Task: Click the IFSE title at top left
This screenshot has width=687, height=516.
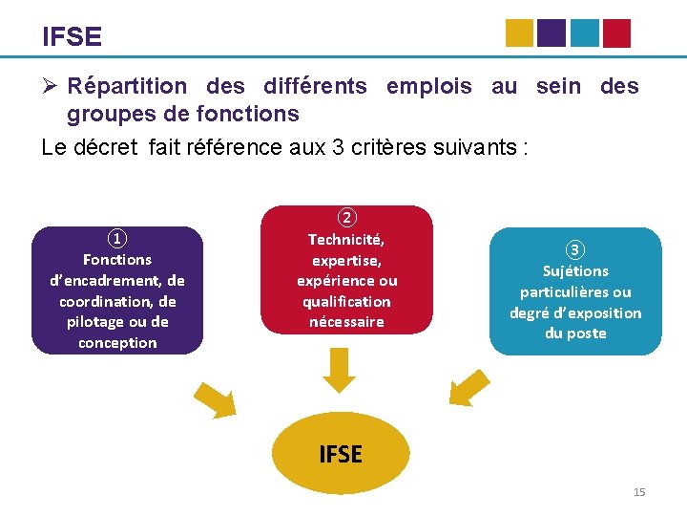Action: (x=72, y=37)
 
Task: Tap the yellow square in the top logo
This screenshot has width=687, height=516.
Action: (x=519, y=33)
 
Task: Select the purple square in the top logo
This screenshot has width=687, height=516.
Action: (x=552, y=33)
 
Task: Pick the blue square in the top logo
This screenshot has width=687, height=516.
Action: (x=584, y=33)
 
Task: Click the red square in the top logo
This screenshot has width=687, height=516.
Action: (x=616, y=33)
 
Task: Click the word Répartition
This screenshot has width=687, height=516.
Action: (x=127, y=86)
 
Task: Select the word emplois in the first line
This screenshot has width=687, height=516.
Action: (x=428, y=86)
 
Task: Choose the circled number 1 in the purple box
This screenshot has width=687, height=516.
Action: (x=116, y=239)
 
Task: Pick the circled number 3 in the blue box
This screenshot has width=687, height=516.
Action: (x=574, y=250)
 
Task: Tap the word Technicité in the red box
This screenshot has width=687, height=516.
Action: (x=346, y=240)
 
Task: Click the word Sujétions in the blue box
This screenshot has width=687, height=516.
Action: (x=575, y=271)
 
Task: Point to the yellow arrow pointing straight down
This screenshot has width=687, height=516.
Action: (x=339, y=370)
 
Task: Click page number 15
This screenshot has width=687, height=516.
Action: (x=639, y=492)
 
